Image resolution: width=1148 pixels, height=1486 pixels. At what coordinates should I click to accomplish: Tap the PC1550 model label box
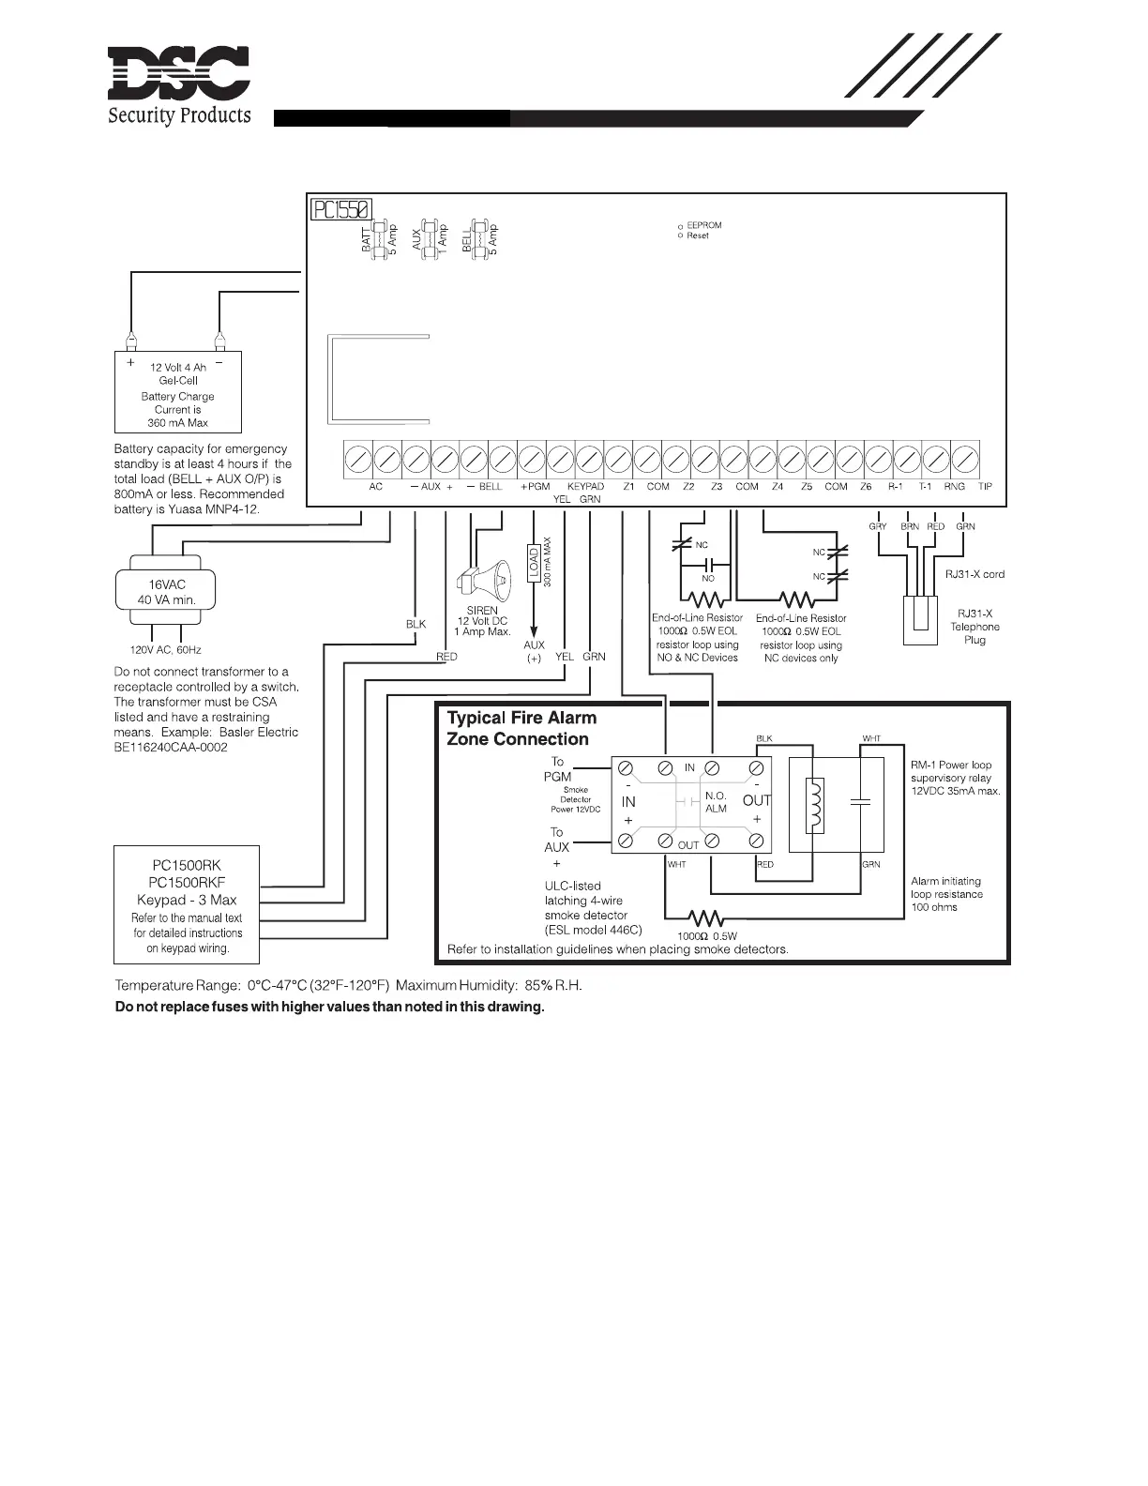[342, 208]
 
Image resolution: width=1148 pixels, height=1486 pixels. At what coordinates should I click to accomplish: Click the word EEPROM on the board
[704, 225]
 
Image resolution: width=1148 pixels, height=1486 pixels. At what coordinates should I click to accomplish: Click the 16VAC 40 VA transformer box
[167, 591]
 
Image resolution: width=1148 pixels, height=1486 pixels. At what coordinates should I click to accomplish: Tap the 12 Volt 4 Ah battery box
[177, 392]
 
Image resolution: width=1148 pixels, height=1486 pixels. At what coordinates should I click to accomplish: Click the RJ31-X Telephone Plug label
[974, 627]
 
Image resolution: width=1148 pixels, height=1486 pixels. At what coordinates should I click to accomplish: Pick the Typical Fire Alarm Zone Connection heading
[521, 728]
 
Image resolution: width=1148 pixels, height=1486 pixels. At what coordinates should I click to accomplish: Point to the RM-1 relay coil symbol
[815, 804]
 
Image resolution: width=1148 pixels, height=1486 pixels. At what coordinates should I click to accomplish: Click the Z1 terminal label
[628, 487]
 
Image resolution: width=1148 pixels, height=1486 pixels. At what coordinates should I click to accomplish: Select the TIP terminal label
[985, 487]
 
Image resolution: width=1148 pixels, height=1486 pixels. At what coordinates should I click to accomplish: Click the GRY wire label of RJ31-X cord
[878, 526]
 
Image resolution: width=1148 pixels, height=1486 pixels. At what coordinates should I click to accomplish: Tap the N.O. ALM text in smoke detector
[716, 802]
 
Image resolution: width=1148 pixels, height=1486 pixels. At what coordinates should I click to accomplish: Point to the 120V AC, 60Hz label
[165, 649]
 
